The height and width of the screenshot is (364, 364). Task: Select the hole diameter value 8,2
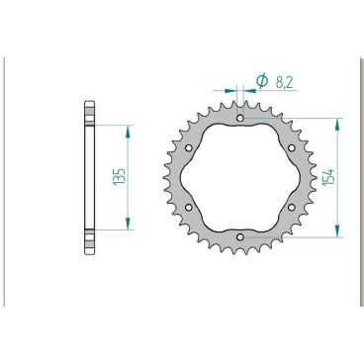click(282, 80)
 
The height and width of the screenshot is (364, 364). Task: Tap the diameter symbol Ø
click(262, 80)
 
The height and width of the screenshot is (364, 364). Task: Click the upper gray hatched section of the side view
click(89, 114)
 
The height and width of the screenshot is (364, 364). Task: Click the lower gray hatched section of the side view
click(89, 241)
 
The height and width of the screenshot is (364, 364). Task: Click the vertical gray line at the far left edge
click(6, 178)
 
